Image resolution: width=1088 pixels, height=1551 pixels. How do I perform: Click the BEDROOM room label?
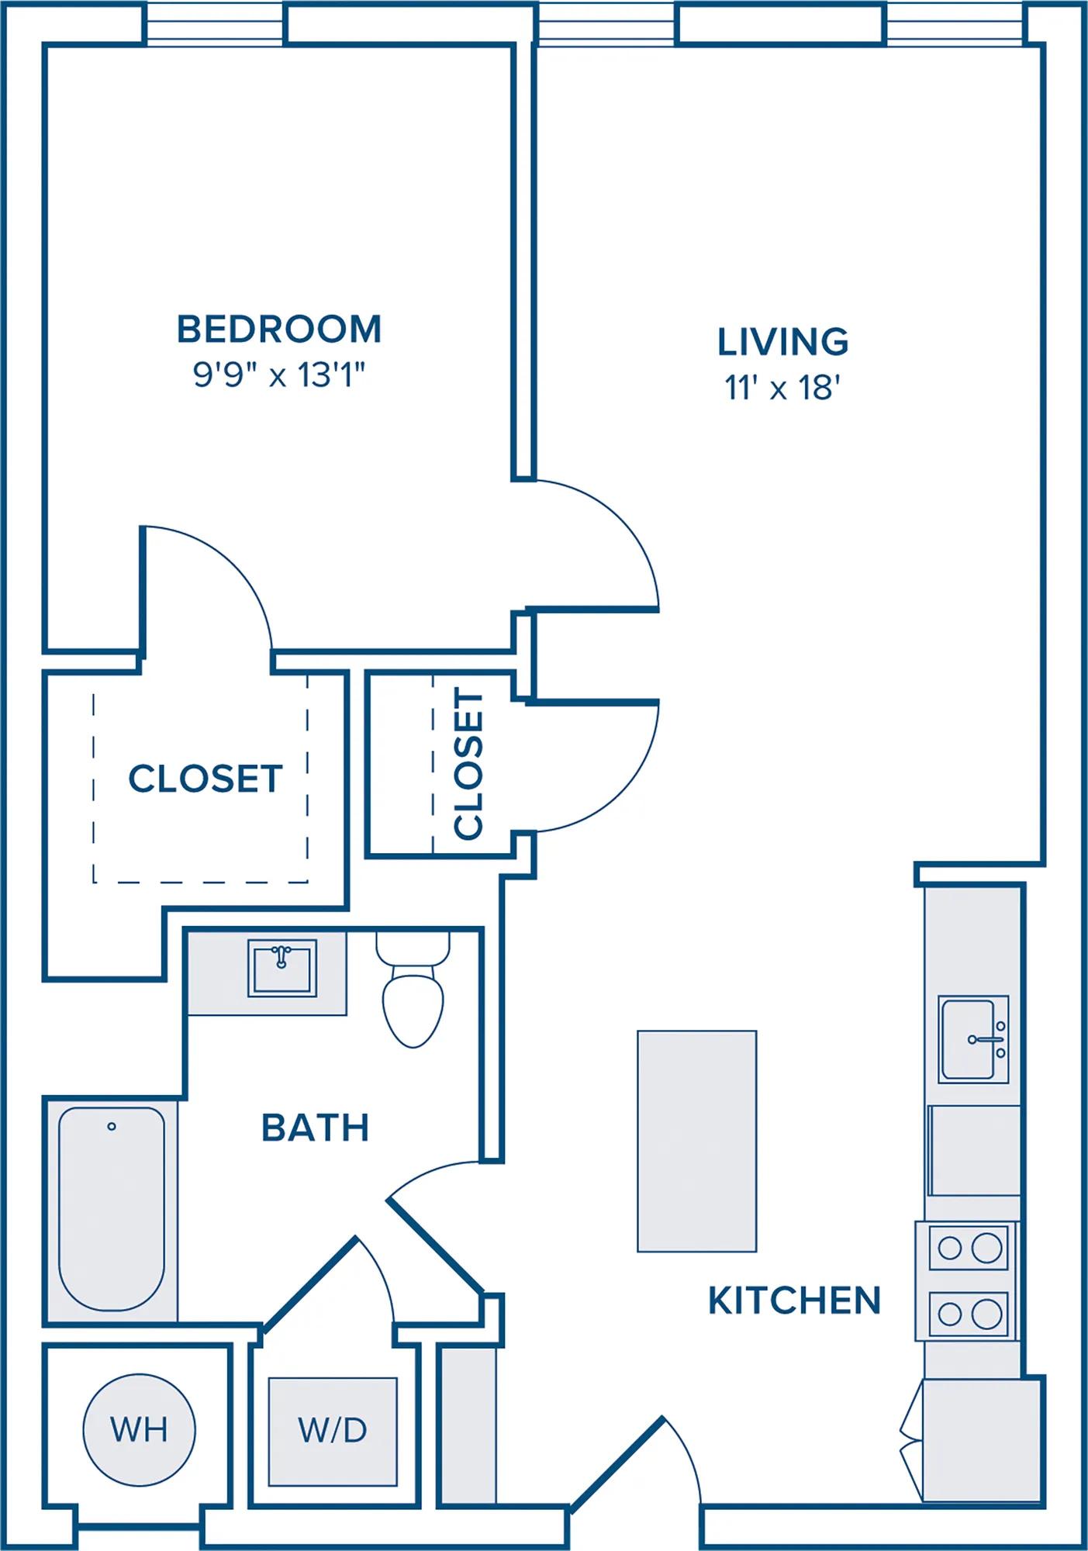pyautogui.click(x=279, y=330)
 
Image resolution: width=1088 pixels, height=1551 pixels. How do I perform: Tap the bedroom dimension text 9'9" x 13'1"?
pyautogui.click(x=279, y=376)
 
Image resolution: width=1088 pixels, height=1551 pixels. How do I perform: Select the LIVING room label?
pyautogui.click(x=782, y=342)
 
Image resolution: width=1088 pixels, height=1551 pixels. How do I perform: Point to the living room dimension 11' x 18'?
pyautogui.click(x=783, y=388)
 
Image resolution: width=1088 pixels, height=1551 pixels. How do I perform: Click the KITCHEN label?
pyautogui.click(x=795, y=1301)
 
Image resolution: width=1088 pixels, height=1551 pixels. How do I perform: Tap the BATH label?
pyautogui.click(x=315, y=1128)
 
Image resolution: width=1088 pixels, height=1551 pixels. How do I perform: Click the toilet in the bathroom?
pyautogui.click(x=413, y=990)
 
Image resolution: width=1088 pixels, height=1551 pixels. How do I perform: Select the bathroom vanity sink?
pyautogui.click(x=282, y=968)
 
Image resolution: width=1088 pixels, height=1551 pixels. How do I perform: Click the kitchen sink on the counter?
pyautogui.click(x=974, y=1039)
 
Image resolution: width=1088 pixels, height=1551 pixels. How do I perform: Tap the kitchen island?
pyautogui.click(x=696, y=1141)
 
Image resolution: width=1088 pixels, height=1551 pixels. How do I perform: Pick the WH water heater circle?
pyautogui.click(x=140, y=1429)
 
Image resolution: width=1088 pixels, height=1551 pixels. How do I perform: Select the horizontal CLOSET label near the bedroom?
pyautogui.click(x=206, y=779)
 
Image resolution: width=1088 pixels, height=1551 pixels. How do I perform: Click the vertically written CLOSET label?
pyautogui.click(x=468, y=765)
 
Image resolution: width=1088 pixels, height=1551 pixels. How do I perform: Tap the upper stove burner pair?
pyautogui.click(x=969, y=1248)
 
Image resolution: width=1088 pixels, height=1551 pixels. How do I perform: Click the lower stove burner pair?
pyautogui.click(x=969, y=1314)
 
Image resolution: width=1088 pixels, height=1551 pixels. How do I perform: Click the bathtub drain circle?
pyautogui.click(x=112, y=1126)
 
